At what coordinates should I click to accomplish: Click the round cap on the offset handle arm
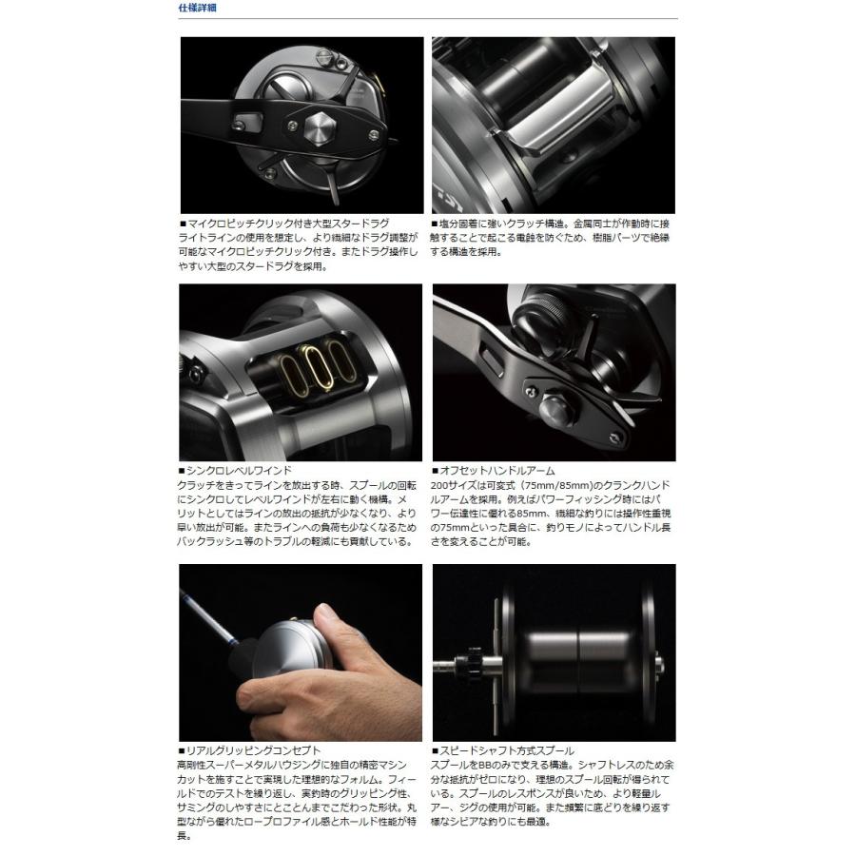pyautogui.click(x=554, y=408)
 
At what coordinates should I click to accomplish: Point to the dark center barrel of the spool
pyautogui.click(x=575, y=657)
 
